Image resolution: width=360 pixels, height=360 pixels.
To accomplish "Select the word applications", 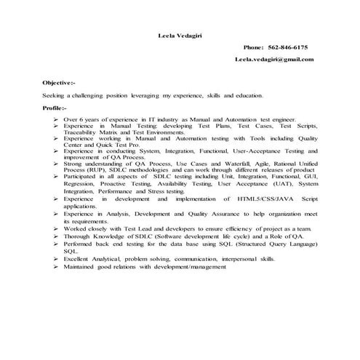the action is [81, 205].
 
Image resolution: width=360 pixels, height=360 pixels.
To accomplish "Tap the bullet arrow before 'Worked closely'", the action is [55, 228].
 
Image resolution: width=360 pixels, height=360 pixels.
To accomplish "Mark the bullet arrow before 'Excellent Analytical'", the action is [55, 258].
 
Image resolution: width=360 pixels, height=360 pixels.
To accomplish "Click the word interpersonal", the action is [239, 258].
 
